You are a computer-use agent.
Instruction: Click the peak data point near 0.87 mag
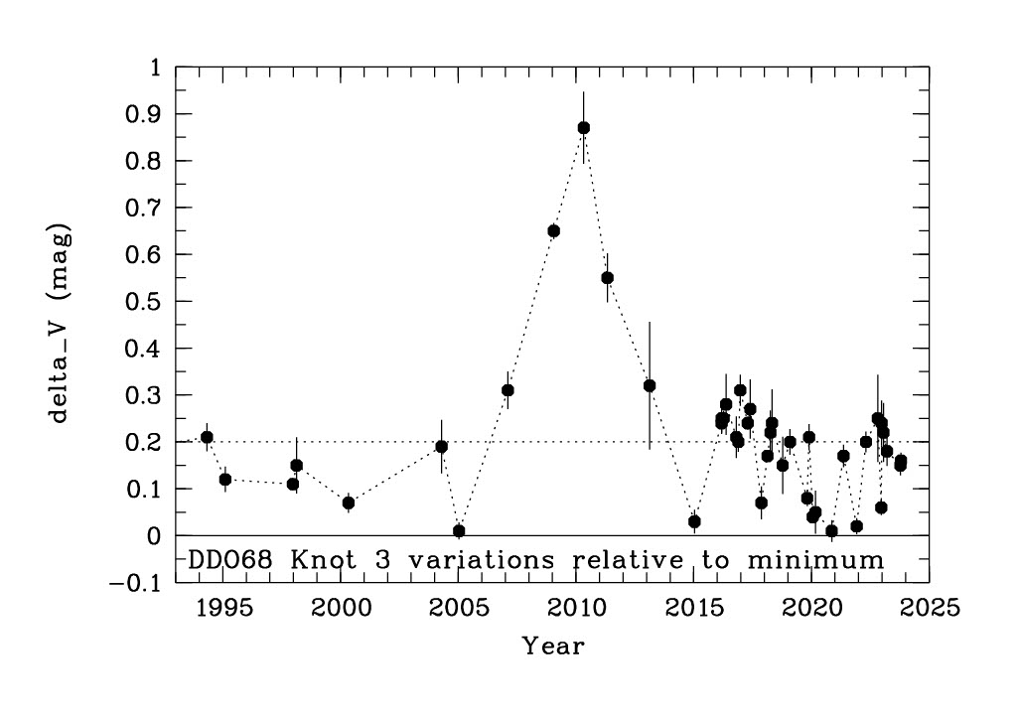pos(584,128)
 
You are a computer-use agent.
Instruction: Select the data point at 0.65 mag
pos(554,231)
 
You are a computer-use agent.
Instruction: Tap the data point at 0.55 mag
pos(608,278)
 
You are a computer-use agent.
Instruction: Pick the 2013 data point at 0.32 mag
pos(650,385)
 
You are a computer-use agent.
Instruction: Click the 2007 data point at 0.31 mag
pos(508,390)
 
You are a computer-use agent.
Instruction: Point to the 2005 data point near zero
pos(459,531)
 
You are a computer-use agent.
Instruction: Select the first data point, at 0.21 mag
pos(207,437)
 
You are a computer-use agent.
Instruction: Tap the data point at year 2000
pos(349,503)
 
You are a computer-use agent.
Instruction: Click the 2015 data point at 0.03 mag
pos(694,521)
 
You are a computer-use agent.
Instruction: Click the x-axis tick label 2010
pos(577,607)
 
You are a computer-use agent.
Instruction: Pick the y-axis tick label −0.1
pos(137,583)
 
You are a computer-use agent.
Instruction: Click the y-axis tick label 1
pos(155,68)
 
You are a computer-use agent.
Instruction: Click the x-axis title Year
pos(553,647)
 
